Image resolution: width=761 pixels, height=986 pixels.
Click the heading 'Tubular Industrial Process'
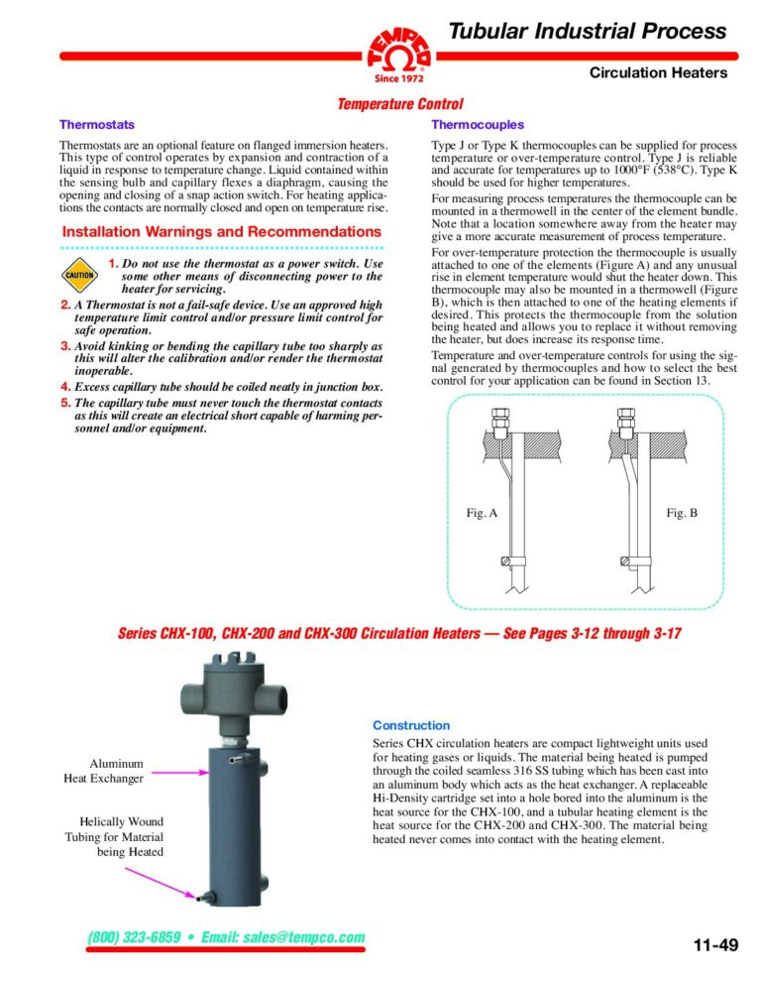588,31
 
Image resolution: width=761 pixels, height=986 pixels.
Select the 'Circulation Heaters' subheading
658,72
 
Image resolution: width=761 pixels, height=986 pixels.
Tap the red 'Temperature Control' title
399,104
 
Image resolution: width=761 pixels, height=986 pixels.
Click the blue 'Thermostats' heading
97,125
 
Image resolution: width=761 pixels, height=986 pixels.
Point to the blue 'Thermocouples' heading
478,125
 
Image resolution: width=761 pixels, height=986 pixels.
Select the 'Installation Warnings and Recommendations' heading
221,232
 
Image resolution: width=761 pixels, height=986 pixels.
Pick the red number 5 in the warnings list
65,403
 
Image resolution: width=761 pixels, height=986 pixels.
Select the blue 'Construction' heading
410,725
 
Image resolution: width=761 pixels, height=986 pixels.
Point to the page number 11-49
714,944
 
